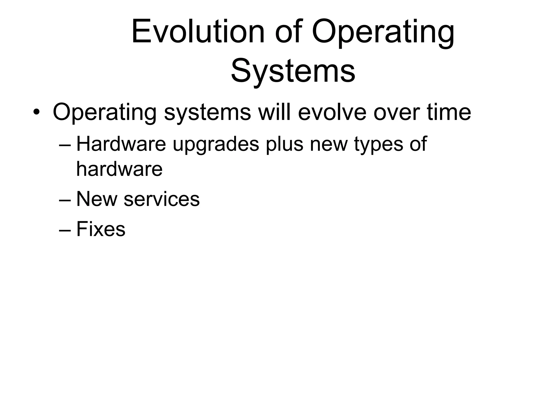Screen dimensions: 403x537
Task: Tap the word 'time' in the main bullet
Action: tap(449, 112)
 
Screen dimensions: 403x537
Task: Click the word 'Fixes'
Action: tap(101, 229)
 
